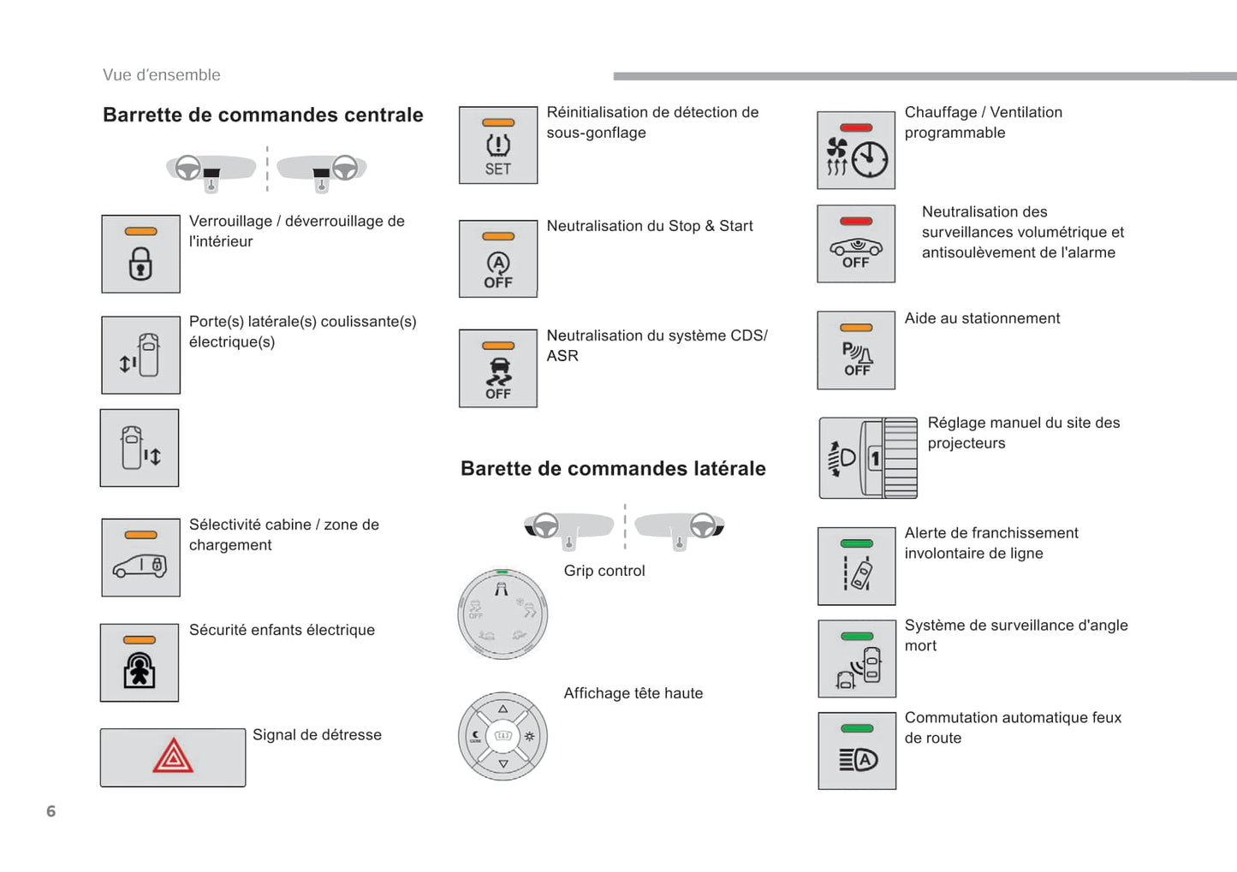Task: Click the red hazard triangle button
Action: point(173,757)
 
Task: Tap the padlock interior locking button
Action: point(140,254)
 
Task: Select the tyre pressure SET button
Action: point(498,145)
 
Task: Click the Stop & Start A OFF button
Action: point(498,259)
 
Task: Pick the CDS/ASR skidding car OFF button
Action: point(498,369)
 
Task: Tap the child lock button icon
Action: point(140,663)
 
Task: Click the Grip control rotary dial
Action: point(503,614)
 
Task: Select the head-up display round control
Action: point(503,736)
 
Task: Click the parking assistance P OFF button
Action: point(856,351)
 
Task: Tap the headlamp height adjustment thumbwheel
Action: point(899,459)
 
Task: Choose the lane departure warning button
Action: point(857,567)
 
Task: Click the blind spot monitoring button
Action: point(857,659)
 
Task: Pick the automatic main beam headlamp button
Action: point(857,751)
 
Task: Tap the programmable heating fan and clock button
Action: point(856,151)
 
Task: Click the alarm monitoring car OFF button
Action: point(856,244)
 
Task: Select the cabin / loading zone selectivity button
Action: point(140,558)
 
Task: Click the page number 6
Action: point(51,811)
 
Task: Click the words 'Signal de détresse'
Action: point(317,735)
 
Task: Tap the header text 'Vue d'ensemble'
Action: point(162,75)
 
